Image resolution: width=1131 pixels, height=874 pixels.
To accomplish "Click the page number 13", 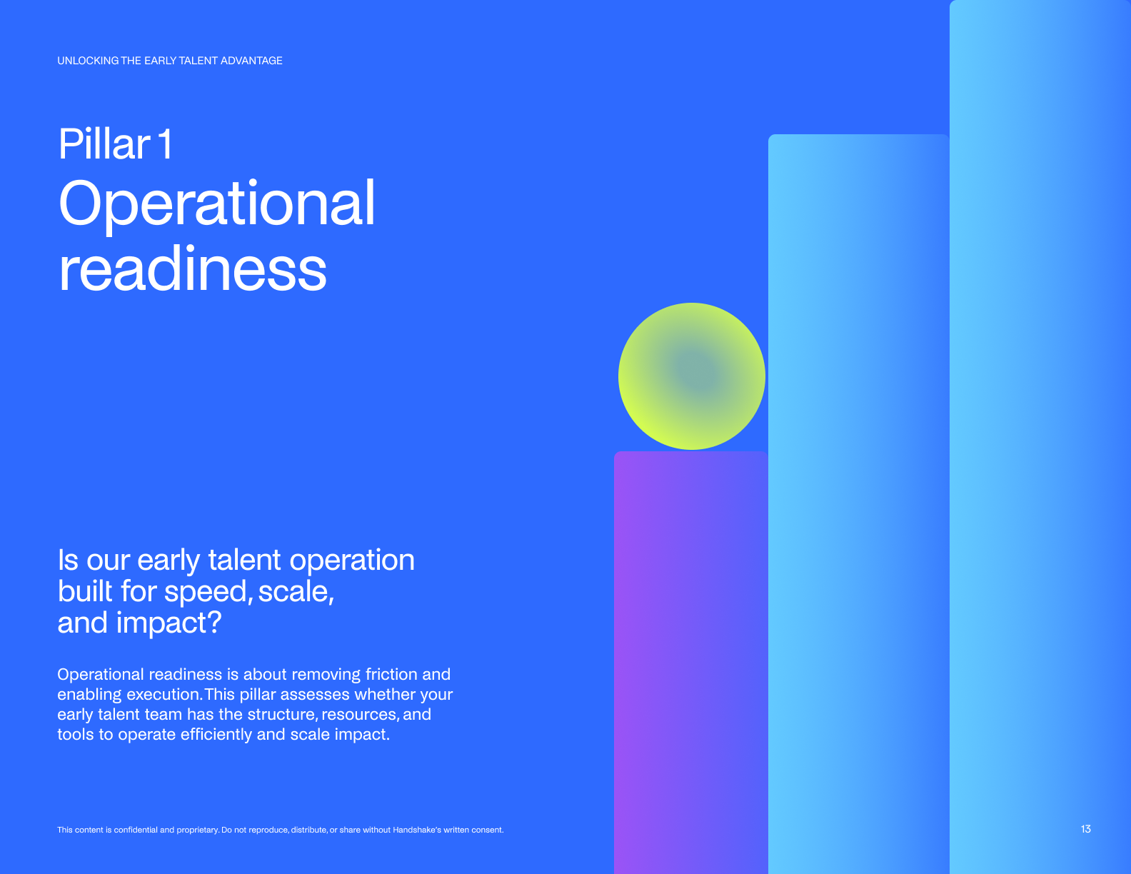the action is click(x=1085, y=829).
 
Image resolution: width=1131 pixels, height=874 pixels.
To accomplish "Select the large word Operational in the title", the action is click(x=216, y=204).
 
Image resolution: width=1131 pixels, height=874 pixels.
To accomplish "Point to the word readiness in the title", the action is click(x=193, y=268).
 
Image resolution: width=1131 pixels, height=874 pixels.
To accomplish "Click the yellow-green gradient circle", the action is click(x=692, y=376).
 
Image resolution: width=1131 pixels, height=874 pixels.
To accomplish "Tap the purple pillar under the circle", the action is click(x=690, y=662).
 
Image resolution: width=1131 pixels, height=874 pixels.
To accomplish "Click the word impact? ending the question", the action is click(x=169, y=623).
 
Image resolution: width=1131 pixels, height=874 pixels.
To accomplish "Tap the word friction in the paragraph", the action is click(x=391, y=674).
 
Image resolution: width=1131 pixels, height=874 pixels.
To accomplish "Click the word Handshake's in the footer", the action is click(x=417, y=830).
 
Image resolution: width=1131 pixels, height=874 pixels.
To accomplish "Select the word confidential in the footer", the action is click(x=136, y=830).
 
